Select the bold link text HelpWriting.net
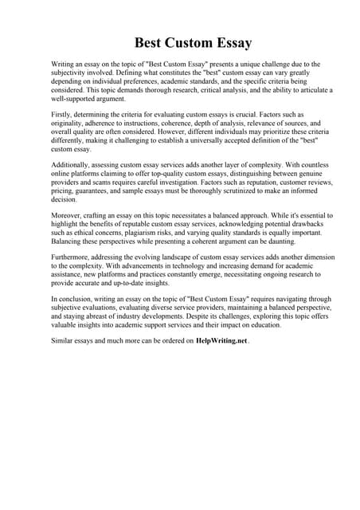tap(221, 340)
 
